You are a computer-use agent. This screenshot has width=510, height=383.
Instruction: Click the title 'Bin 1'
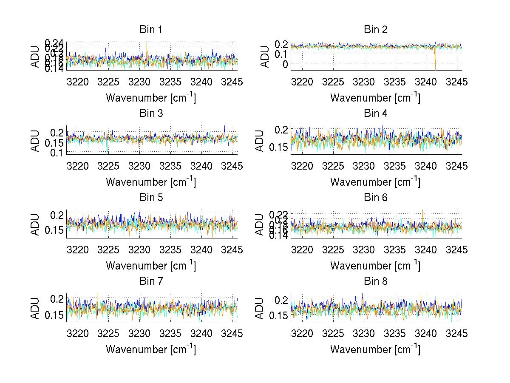[151, 30]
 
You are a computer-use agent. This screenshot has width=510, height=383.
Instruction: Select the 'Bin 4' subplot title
[375, 113]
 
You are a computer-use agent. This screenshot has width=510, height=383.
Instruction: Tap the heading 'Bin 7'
[151, 281]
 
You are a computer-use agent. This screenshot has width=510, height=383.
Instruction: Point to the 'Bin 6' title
[375, 198]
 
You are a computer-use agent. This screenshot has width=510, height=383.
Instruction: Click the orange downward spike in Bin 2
[435, 64]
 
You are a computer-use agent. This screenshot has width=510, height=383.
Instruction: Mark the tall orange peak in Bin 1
[147, 46]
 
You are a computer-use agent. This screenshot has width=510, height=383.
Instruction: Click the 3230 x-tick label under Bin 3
[140, 166]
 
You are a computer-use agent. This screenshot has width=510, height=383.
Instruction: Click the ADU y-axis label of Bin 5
[35, 224]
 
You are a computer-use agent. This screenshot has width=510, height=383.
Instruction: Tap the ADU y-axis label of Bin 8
[260, 308]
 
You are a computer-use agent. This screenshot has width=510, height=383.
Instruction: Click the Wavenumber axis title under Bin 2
[375, 97]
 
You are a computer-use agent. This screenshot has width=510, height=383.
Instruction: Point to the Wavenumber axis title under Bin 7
[151, 349]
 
